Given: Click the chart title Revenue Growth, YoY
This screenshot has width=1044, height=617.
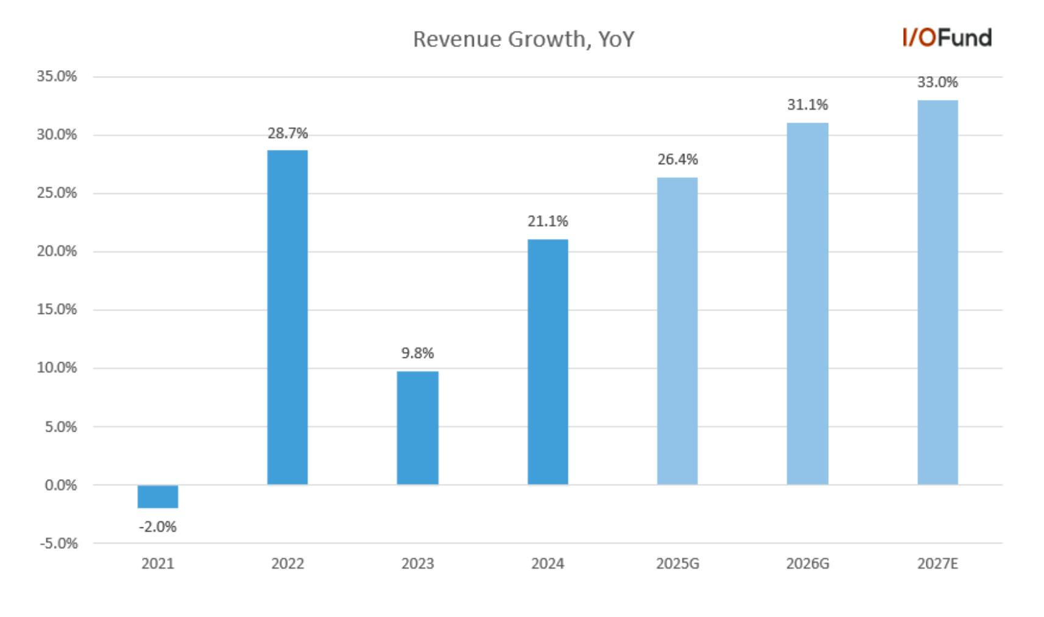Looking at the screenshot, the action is (x=523, y=39).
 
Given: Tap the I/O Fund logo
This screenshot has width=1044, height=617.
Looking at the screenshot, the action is (x=947, y=38).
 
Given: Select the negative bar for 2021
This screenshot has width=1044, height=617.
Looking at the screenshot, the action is (x=157, y=496).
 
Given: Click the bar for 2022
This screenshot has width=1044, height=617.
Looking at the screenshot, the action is (x=288, y=318).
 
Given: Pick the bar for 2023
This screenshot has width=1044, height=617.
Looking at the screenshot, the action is (x=418, y=428).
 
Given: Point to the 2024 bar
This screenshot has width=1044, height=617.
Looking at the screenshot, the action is (x=548, y=362).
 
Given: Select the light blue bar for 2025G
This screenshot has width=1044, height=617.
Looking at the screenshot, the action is (x=678, y=331).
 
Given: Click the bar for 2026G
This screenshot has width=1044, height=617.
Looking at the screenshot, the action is (x=808, y=304).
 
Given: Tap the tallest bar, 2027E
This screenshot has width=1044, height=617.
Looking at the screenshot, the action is (x=938, y=293).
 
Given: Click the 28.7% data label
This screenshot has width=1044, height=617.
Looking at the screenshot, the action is (x=288, y=134).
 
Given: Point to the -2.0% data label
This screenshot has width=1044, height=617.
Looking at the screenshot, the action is (x=157, y=527).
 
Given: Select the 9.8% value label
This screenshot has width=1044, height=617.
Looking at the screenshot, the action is (x=418, y=353).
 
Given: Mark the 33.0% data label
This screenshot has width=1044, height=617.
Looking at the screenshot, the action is (x=938, y=82).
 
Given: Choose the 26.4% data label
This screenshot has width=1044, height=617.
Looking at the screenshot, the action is (x=678, y=160).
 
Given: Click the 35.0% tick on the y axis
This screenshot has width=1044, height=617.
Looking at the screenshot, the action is (x=57, y=76).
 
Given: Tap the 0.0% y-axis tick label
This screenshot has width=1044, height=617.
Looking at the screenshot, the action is (x=60, y=485).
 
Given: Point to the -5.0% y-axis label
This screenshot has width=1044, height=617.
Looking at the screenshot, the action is (x=59, y=543).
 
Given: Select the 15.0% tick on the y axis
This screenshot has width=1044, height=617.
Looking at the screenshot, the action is (x=57, y=310).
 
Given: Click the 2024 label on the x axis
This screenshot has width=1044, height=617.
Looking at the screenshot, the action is (x=548, y=564).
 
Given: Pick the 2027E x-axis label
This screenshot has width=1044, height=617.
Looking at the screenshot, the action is (x=938, y=564).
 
